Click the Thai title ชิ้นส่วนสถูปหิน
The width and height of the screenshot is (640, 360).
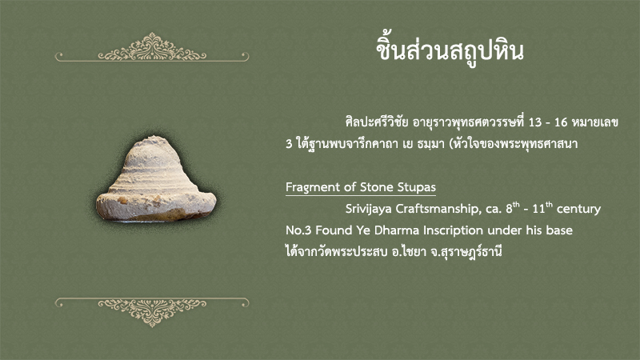pyautogui.click(x=450, y=50)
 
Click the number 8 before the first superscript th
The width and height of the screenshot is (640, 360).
pyautogui.click(x=509, y=209)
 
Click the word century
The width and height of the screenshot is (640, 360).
pyautogui.click(x=578, y=209)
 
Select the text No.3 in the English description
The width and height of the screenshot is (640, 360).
pyautogui.click(x=298, y=230)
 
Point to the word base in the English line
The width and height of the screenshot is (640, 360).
pyautogui.click(x=559, y=230)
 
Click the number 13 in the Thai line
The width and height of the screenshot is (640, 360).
pyautogui.click(x=534, y=122)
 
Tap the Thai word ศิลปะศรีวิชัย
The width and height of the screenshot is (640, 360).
pyautogui.click(x=376, y=122)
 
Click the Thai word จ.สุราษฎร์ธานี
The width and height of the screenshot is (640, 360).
pyautogui.click(x=466, y=251)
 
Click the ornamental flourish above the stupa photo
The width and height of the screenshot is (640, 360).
pyautogui.click(x=152, y=47)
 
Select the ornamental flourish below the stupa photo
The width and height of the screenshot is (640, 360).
pyautogui.click(x=152, y=312)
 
